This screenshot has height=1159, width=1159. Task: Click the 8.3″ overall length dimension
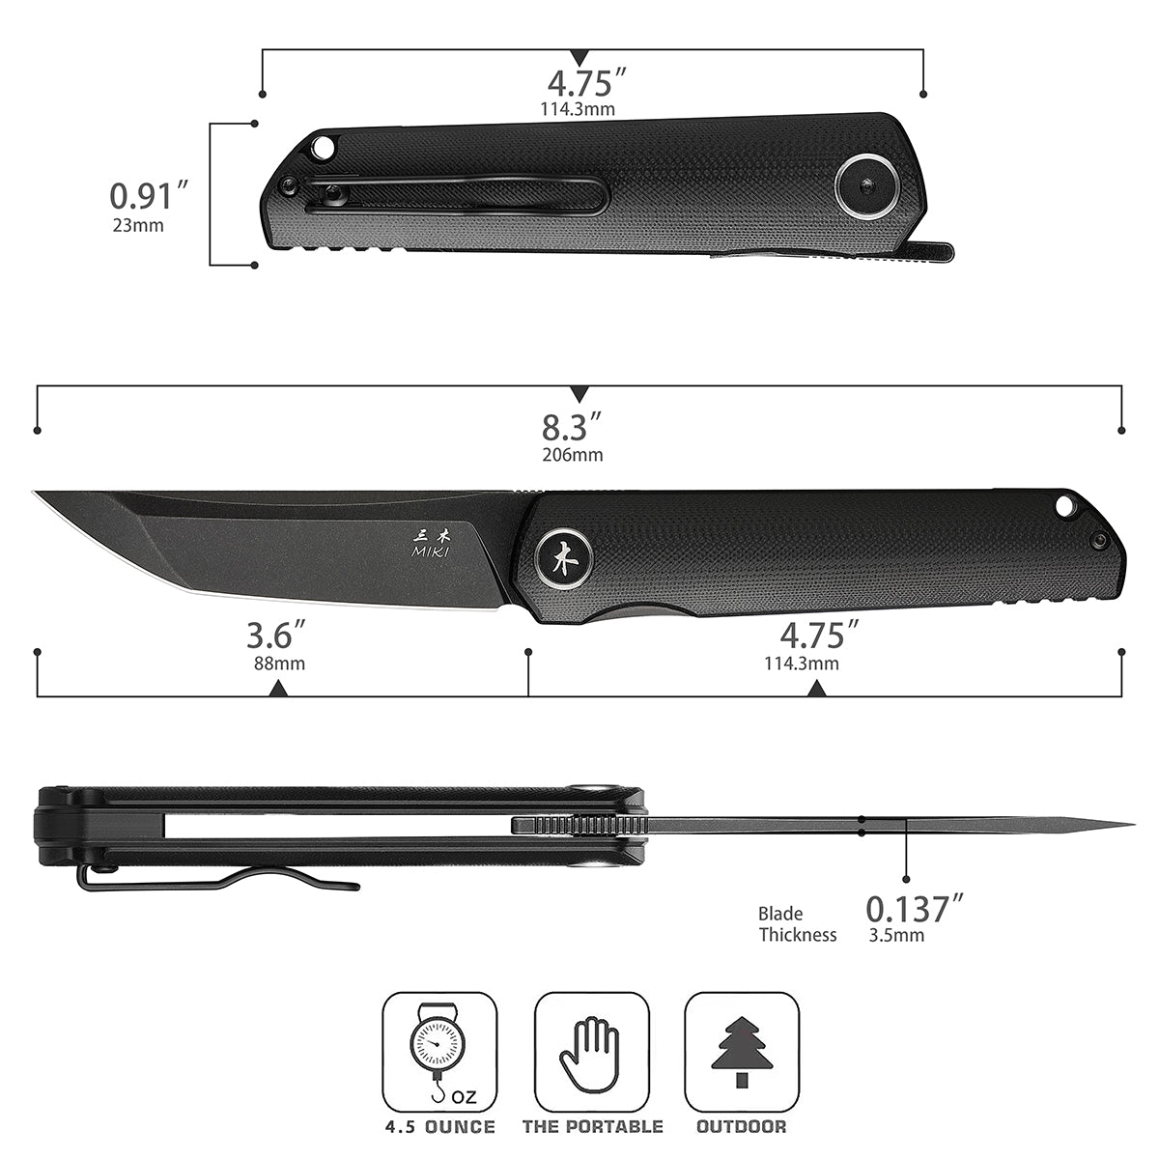pos(572,427)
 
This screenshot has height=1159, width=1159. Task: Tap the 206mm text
pos(573,455)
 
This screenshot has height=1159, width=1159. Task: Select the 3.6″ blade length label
pos(276,636)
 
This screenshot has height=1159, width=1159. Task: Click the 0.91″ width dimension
pos(149,195)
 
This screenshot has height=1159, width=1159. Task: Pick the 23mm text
pos(138,226)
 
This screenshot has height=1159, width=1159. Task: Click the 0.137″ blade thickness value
pos(915,909)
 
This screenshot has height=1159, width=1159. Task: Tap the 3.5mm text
pos(896,936)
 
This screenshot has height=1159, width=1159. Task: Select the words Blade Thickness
pos(797,924)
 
